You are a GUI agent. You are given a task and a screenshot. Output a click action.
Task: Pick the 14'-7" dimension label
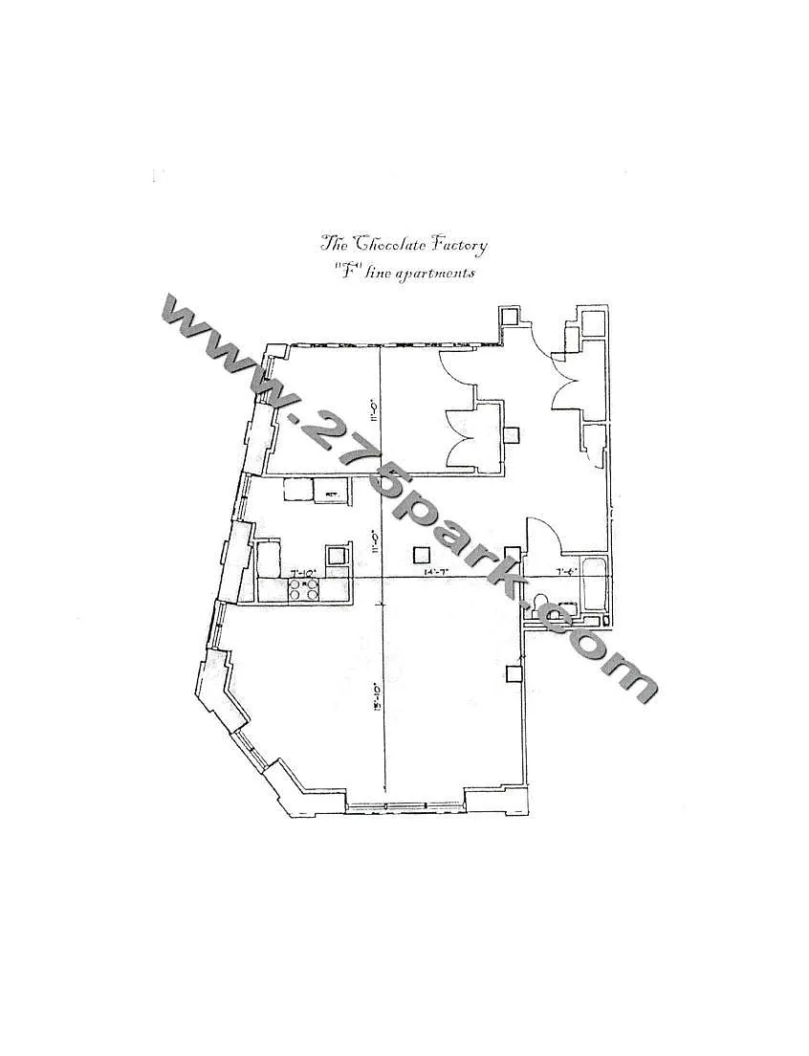pyautogui.click(x=437, y=572)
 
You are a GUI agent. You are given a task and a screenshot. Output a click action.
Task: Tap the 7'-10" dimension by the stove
pyautogui.click(x=304, y=572)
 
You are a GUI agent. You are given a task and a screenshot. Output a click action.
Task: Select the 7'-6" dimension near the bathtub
pyautogui.click(x=566, y=572)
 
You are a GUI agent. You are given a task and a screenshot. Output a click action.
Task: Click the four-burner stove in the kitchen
pyautogui.click(x=305, y=589)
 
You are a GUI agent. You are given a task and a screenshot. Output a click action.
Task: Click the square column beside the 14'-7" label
pyautogui.click(x=420, y=554)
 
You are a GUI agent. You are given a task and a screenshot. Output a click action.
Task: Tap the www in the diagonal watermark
pyautogui.click(x=219, y=341)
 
